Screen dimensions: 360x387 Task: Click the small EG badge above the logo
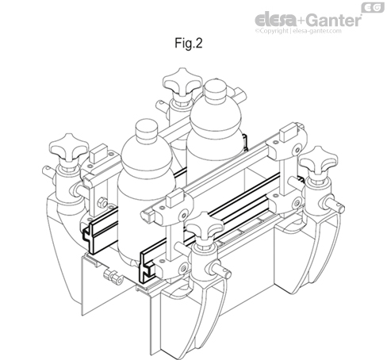click(x=370, y=7)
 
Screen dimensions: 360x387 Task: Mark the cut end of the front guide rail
click(x=145, y=262)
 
